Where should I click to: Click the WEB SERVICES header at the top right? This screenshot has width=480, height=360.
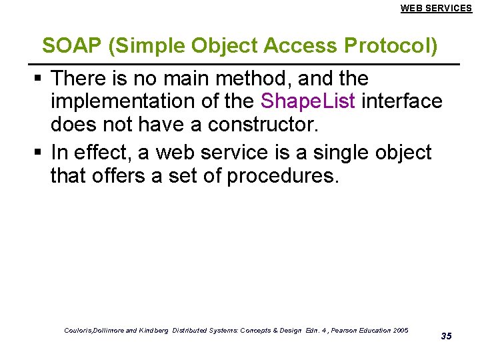click(436, 8)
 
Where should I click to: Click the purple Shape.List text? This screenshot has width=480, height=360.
click(307, 101)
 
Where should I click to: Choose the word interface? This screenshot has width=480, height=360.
click(401, 101)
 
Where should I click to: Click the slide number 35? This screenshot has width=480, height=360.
click(446, 336)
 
